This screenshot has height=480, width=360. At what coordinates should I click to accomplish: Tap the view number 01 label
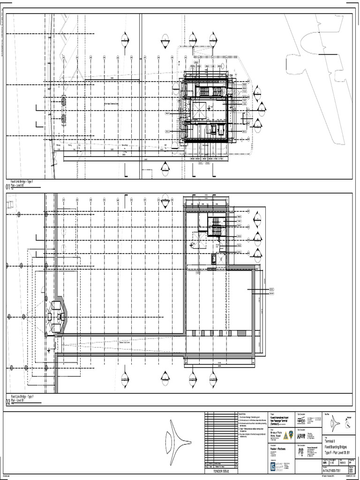[x=8, y=187]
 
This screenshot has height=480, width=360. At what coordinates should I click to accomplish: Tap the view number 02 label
[x=8, y=402]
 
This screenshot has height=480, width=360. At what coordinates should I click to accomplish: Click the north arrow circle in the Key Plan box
[x=347, y=424]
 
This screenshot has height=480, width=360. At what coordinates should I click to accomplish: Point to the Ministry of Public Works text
[x=280, y=434]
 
